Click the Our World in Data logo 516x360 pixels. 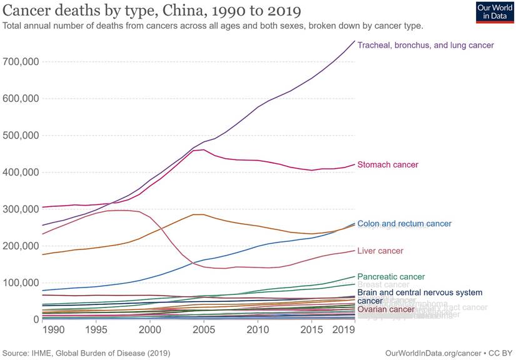point(491,12)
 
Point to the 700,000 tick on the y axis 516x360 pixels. point(23,62)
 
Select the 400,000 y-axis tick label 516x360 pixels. point(23,172)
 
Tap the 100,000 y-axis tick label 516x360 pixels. point(23,283)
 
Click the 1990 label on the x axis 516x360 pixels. point(53,329)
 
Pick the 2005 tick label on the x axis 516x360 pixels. point(203,329)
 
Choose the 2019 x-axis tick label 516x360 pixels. point(343,329)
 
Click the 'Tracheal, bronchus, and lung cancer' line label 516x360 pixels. point(425,45)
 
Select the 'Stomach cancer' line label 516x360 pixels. point(388,164)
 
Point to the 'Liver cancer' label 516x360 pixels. point(380,251)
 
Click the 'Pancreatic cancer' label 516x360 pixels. point(391,276)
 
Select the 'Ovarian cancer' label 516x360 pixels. point(385,309)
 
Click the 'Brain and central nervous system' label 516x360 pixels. point(420,292)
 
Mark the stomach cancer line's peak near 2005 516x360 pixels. point(203,149)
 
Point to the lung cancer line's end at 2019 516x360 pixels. point(354,41)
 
